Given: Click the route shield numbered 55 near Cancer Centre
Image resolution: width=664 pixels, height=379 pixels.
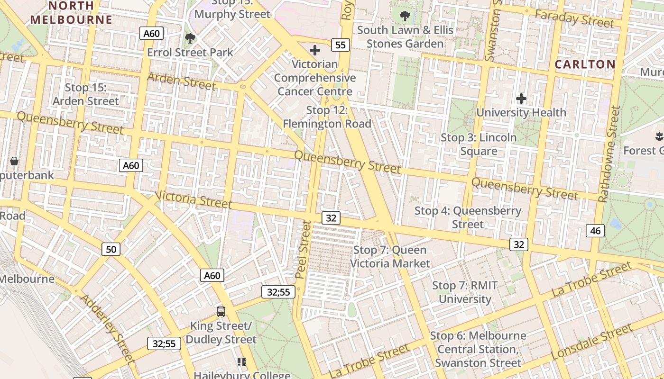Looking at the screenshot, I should pyautogui.click(x=341, y=45).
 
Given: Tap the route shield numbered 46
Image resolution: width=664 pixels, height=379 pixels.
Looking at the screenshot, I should pyautogui.click(x=595, y=231).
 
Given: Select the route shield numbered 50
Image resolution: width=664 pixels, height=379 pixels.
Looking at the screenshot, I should pyautogui.click(x=111, y=249).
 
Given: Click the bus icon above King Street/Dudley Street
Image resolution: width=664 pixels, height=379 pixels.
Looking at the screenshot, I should pyautogui.click(x=221, y=311).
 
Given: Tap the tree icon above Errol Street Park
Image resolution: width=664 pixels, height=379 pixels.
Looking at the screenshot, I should pyautogui.click(x=190, y=38).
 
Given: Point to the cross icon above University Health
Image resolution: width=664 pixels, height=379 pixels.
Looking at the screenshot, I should pyautogui.click(x=521, y=99).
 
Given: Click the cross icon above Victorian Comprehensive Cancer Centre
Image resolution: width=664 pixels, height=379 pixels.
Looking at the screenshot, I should pyautogui.click(x=315, y=50).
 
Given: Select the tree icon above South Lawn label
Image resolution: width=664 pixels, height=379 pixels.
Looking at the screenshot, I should pyautogui.click(x=405, y=16).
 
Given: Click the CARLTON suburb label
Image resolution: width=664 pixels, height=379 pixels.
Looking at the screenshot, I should pyautogui.click(x=585, y=64).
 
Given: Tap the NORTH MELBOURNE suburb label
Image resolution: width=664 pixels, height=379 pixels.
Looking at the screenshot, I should pyautogui.click(x=71, y=13).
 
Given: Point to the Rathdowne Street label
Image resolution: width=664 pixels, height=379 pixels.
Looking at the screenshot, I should pyautogui.click(x=609, y=154).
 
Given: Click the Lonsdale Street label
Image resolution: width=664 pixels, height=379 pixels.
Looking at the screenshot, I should pyautogui.click(x=592, y=341).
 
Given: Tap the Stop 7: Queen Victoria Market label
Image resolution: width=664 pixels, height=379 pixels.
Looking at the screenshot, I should pyautogui.click(x=390, y=256).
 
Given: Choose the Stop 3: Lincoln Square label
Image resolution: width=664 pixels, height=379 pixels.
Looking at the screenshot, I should pyautogui.click(x=479, y=144).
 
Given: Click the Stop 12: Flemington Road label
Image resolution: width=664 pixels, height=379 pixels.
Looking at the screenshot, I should pyautogui.click(x=327, y=117).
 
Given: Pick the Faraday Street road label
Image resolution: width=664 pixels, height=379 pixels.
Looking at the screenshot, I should pyautogui.click(x=574, y=19).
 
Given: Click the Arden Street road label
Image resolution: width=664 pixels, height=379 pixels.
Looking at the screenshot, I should pyautogui.click(x=181, y=81).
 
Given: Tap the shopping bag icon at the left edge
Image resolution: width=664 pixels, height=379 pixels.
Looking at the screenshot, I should pyautogui.click(x=14, y=161).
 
